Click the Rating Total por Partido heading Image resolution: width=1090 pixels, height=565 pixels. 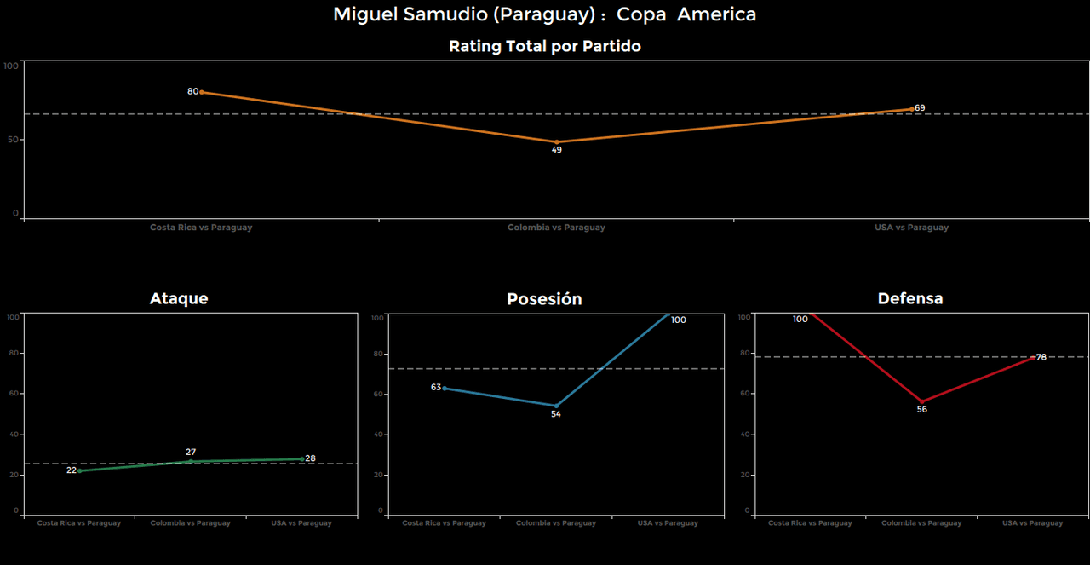point(544,47)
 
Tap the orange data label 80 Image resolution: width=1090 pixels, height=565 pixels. point(192,91)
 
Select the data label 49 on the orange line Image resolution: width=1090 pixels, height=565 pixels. point(556,150)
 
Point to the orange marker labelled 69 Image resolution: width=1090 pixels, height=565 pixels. point(912,109)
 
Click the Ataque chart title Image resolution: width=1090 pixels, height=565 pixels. point(179,298)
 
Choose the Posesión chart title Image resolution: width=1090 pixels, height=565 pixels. point(544,299)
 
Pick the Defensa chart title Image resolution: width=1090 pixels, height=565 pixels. point(909,298)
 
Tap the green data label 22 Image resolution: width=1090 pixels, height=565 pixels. point(72,470)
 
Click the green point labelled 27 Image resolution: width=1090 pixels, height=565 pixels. point(191,461)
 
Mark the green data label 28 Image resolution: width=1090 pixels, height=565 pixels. point(310,458)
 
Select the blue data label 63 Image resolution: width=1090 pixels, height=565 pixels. point(436,387)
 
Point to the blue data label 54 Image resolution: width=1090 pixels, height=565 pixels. point(556,414)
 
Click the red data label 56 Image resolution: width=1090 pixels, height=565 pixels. point(921,410)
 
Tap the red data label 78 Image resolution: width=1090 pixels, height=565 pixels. point(1041,357)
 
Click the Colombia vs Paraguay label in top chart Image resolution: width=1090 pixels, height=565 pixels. point(556,228)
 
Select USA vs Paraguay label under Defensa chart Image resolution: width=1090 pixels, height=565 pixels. point(1032,523)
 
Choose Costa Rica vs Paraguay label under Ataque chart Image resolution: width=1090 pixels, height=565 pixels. point(79,523)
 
